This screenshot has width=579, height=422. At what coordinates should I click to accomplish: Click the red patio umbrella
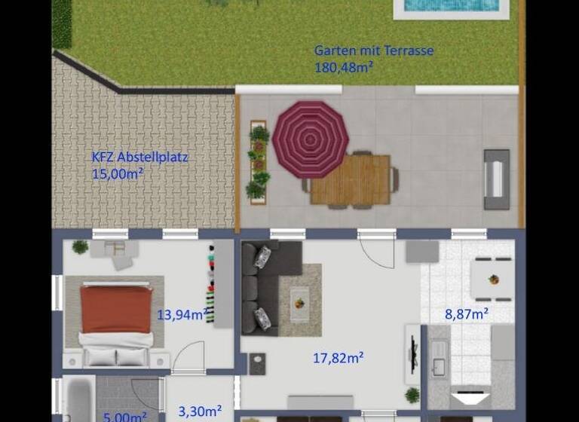click(x=310, y=139)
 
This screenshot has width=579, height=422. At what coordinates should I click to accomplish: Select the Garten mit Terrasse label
click(x=373, y=51)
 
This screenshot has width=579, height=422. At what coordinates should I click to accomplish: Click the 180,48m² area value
click(x=344, y=67)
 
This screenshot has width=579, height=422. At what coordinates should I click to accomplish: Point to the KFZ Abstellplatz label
click(x=139, y=158)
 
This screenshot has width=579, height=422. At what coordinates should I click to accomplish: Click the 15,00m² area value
click(x=118, y=174)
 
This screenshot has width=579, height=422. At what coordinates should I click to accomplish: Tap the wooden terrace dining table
click(x=351, y=180)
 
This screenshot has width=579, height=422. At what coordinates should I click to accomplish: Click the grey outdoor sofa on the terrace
click(x=496, y=179)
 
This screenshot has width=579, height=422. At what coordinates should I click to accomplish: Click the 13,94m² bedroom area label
click(x=182, y=315)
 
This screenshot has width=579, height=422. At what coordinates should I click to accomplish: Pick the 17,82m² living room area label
click(x=339, y=358)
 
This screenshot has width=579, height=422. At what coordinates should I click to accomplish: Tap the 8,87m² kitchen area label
click(x=467, y=314)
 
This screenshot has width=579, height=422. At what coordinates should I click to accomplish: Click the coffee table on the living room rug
click(x=299, y=301)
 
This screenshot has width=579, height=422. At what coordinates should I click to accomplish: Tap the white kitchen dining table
click(x=492, y=278)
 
